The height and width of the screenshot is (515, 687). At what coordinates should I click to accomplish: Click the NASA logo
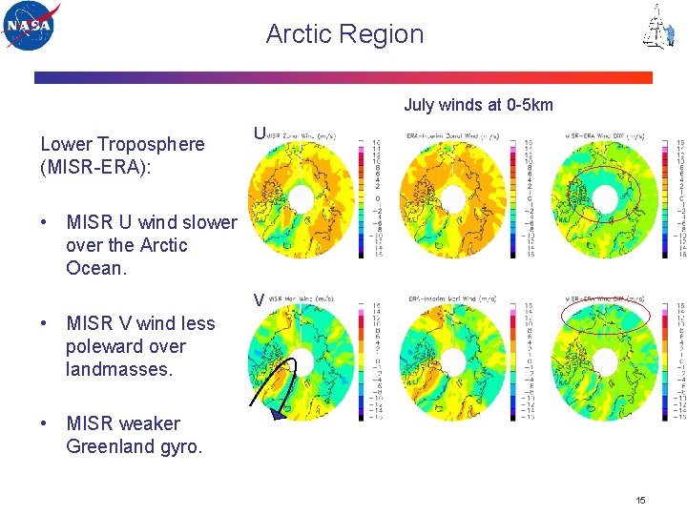tap(31, 26)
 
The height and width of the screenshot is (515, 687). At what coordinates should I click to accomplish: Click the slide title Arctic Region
tap(344, 34)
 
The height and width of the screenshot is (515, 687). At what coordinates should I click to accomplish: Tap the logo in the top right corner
tap(657, 27)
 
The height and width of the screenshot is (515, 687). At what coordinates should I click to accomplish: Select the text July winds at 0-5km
tap(478, 105)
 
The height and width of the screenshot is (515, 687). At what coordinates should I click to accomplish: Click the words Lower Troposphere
tap(122, 144)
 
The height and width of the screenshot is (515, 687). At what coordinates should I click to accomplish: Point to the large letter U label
tap(259, 134)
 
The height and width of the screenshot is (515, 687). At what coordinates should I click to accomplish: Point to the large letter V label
tap(259, 299)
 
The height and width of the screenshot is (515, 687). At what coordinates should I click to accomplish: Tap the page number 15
tap(641, 500)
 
